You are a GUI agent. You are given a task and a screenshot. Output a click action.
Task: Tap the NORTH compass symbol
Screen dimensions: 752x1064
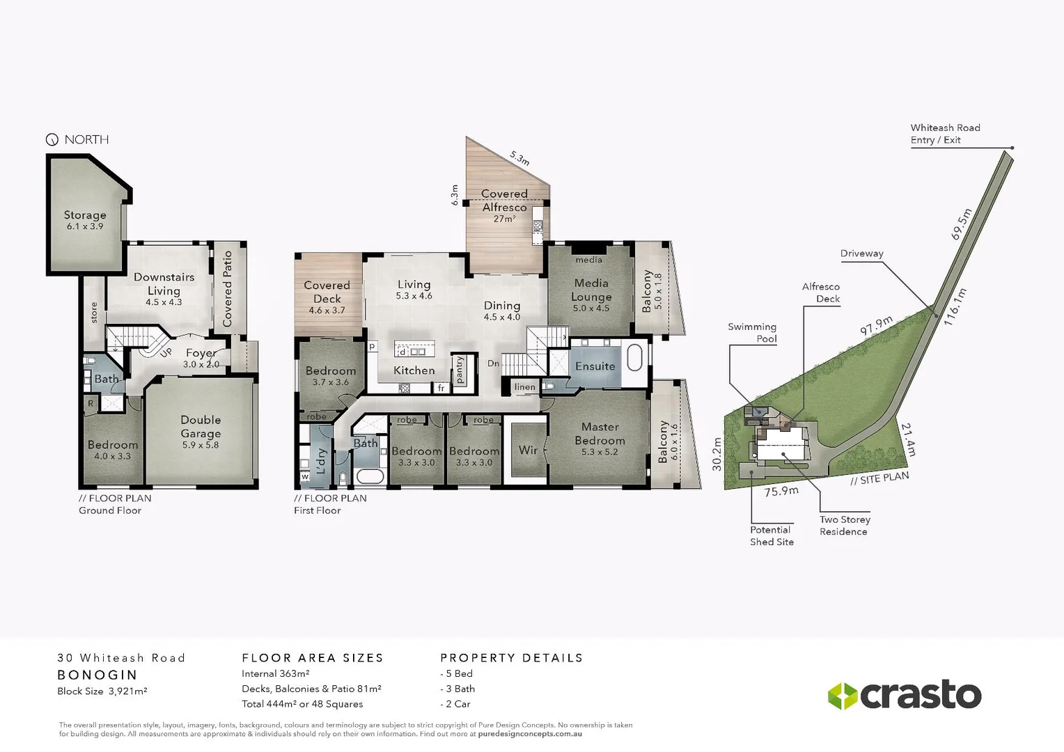tap(52, 140)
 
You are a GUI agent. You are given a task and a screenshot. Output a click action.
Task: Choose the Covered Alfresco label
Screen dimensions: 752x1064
tap(504, 201)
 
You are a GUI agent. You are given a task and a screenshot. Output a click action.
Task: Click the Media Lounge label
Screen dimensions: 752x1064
tap(591, 290)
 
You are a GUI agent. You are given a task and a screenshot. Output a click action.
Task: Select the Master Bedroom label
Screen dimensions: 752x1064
tap(600, 433)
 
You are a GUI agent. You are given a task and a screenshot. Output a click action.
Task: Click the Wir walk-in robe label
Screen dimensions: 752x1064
tap(528, 451)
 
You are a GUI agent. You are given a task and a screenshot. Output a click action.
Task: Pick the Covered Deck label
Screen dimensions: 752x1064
tap(327, 292)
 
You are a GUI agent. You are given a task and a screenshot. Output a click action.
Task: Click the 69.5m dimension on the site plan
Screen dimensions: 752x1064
tap(961, 224)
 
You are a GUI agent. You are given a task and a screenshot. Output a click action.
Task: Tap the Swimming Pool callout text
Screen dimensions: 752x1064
tap(752, 333)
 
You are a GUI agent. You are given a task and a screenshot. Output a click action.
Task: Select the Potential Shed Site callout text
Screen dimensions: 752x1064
tap(771, 535)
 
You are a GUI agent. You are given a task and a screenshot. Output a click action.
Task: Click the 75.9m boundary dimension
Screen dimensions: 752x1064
tap(781, 492)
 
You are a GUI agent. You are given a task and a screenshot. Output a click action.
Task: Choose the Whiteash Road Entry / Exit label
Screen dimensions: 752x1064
tap(945, 134)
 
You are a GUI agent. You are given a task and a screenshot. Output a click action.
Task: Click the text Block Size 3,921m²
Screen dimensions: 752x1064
tap(102, 691)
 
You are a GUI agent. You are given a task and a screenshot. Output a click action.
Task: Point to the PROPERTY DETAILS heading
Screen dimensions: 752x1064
tap(511, 658)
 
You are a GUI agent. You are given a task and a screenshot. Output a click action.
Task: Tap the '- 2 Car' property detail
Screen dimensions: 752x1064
tap(455, 704)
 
